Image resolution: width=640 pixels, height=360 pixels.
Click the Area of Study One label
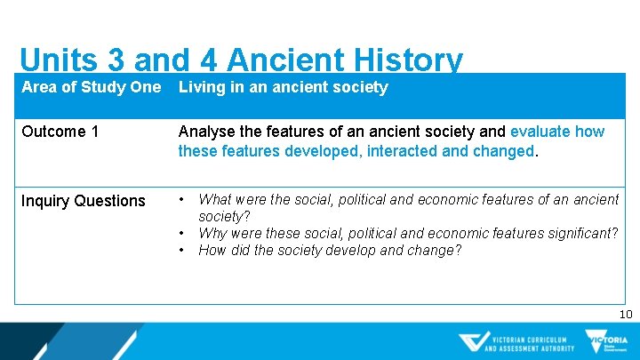pyautogui.click(x=91, y=87)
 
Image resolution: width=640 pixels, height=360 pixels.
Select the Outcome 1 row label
pyautogui.click(x=60, y=132)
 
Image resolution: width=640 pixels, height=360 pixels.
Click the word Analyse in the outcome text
pyautogui.click(x=207, y=132)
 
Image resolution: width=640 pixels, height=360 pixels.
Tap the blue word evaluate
pyautogui.click(x=540, y=132)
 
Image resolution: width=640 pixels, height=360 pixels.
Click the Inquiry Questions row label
pyautogui.click(x=83, y=201)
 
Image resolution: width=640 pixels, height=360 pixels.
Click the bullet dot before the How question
pyautogui.click(x=182, y=250)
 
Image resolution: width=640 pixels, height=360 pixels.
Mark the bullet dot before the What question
pyautogui.click(x=182, y=200)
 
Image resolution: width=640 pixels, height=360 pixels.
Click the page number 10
pyautogui.click(x=625, y=314)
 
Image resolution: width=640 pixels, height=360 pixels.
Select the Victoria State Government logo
pyautogui.click(x=606, y=341)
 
